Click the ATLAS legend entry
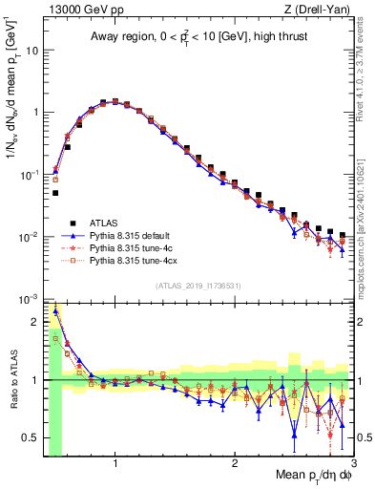(x=105, y=222)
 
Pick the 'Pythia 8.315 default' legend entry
(x=133, y=234)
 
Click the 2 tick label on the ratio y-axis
(x=35, y=322)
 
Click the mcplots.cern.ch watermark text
(x=367, y=239)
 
